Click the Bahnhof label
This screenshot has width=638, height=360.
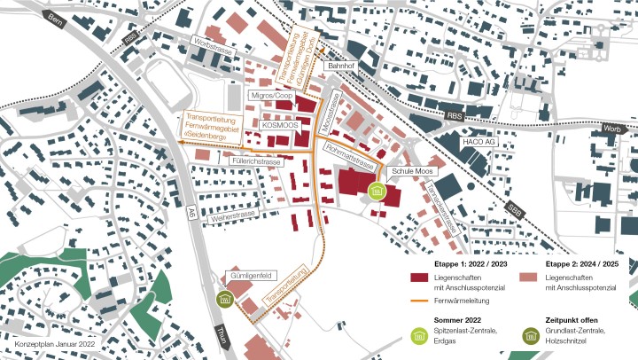(340, 66)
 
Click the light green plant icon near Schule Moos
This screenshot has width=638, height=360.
(377, 191)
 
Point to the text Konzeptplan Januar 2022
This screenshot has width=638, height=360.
(54, 343)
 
